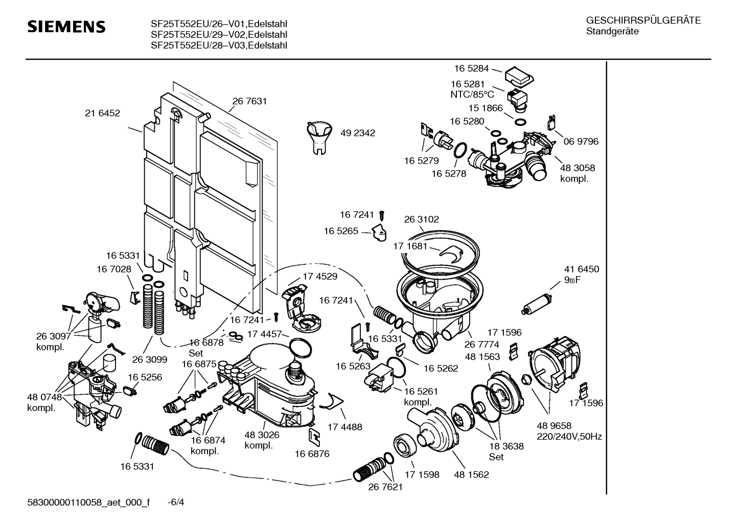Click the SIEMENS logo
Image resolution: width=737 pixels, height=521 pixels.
(66, 27)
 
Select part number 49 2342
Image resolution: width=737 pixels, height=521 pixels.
(358, 133)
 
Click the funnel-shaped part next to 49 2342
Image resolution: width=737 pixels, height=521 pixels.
(319, 135)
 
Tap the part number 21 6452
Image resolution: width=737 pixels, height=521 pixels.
(102, 113)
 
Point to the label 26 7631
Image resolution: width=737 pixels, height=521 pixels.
(249, 101)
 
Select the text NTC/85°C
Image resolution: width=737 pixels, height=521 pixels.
(472, 95)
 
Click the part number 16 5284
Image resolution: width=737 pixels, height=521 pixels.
(471, 68)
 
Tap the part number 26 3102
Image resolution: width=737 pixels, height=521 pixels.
(421, 219)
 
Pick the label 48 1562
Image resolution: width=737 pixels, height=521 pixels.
(471, 474)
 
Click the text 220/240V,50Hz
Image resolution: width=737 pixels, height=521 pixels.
(569, 437)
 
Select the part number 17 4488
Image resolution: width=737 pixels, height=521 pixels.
(344, 427)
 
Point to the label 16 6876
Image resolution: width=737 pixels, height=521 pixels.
(312, 454)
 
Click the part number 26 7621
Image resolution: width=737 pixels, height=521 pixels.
(385, 487)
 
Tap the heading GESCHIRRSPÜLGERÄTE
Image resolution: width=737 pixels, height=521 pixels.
(643, 21)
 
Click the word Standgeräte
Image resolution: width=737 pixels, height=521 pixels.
(612, 32)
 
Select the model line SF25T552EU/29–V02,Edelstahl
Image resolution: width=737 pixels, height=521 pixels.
(219, 35)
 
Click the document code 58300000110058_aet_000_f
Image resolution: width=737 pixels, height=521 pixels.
(88, 502)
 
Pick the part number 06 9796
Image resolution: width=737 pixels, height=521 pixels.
(581, 141)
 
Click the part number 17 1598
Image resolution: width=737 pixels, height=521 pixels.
(422, 474)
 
